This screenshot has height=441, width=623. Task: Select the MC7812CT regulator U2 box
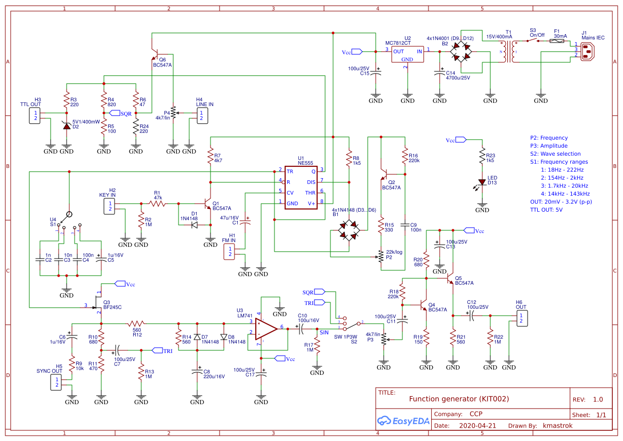(407, 54)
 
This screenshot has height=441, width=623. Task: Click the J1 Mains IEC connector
(587, 52)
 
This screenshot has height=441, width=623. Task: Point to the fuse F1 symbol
(557, 40)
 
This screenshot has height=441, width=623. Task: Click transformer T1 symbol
(508, 52)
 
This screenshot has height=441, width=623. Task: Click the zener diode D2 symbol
(67, 125)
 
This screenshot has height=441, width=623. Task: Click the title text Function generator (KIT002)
(459, 399)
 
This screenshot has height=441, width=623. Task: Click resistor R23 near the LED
(482, 158)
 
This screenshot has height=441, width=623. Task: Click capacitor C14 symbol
(440, 73)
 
